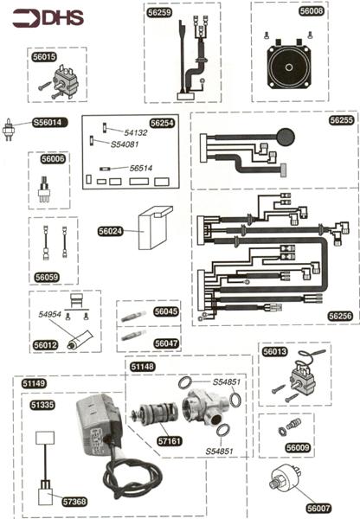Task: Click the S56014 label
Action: (48, 123)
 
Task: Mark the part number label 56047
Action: (165, 343)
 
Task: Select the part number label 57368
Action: (74, 501)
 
